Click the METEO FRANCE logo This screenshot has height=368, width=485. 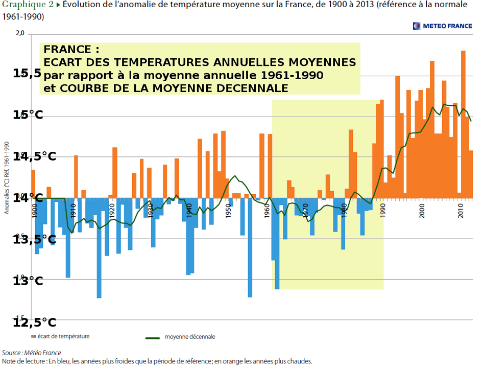[443, 26]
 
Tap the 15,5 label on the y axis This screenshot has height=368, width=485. [27, 73]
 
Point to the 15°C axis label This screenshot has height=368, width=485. [28, 115]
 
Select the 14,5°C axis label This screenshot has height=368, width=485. [35, 156]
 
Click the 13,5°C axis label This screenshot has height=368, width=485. [35, 239]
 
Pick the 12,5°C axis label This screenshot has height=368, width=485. [35, 323]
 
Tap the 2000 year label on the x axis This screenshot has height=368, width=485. [422, 211]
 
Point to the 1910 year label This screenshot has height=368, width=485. [73, 211]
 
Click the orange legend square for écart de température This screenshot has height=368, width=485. [34, 337]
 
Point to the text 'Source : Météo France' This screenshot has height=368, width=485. [32, 353]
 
